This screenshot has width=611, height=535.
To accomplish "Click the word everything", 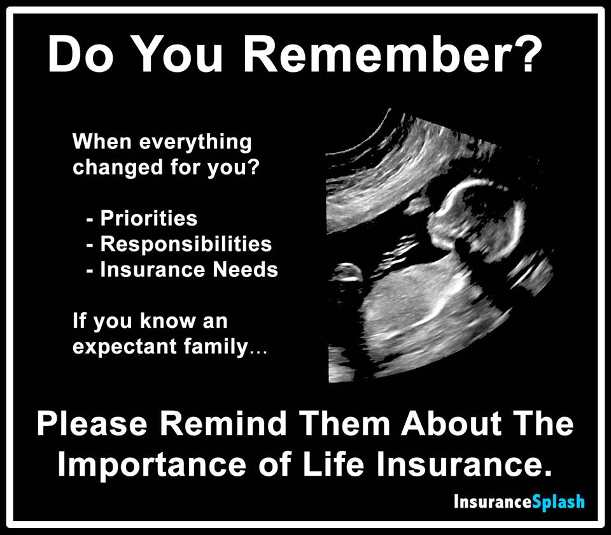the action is pyautogui.click(x=195, y=143).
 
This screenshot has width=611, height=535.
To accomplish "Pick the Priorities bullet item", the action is pyautogui.click(x=148, y=218).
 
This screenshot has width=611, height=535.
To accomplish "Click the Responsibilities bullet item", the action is pyautogui.click(x=186, y=244).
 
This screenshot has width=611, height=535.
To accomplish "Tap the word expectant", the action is pyautogui.click(x=125, y=346).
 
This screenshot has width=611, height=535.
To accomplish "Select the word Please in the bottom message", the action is pyautogui.click(x=92, y=424).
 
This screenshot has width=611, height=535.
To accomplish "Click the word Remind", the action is pyautogui.click(x=223, y=424).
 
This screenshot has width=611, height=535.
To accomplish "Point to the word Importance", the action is pyautogui.click(x=152, y=464).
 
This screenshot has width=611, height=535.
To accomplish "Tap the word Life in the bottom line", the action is pyautogui.click(x=334, y=464).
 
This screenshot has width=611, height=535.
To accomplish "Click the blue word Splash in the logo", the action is pyautogui.click(x=558, y=502).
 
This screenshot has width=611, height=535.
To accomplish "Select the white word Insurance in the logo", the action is pyautogui.click(x=493, y=501).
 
